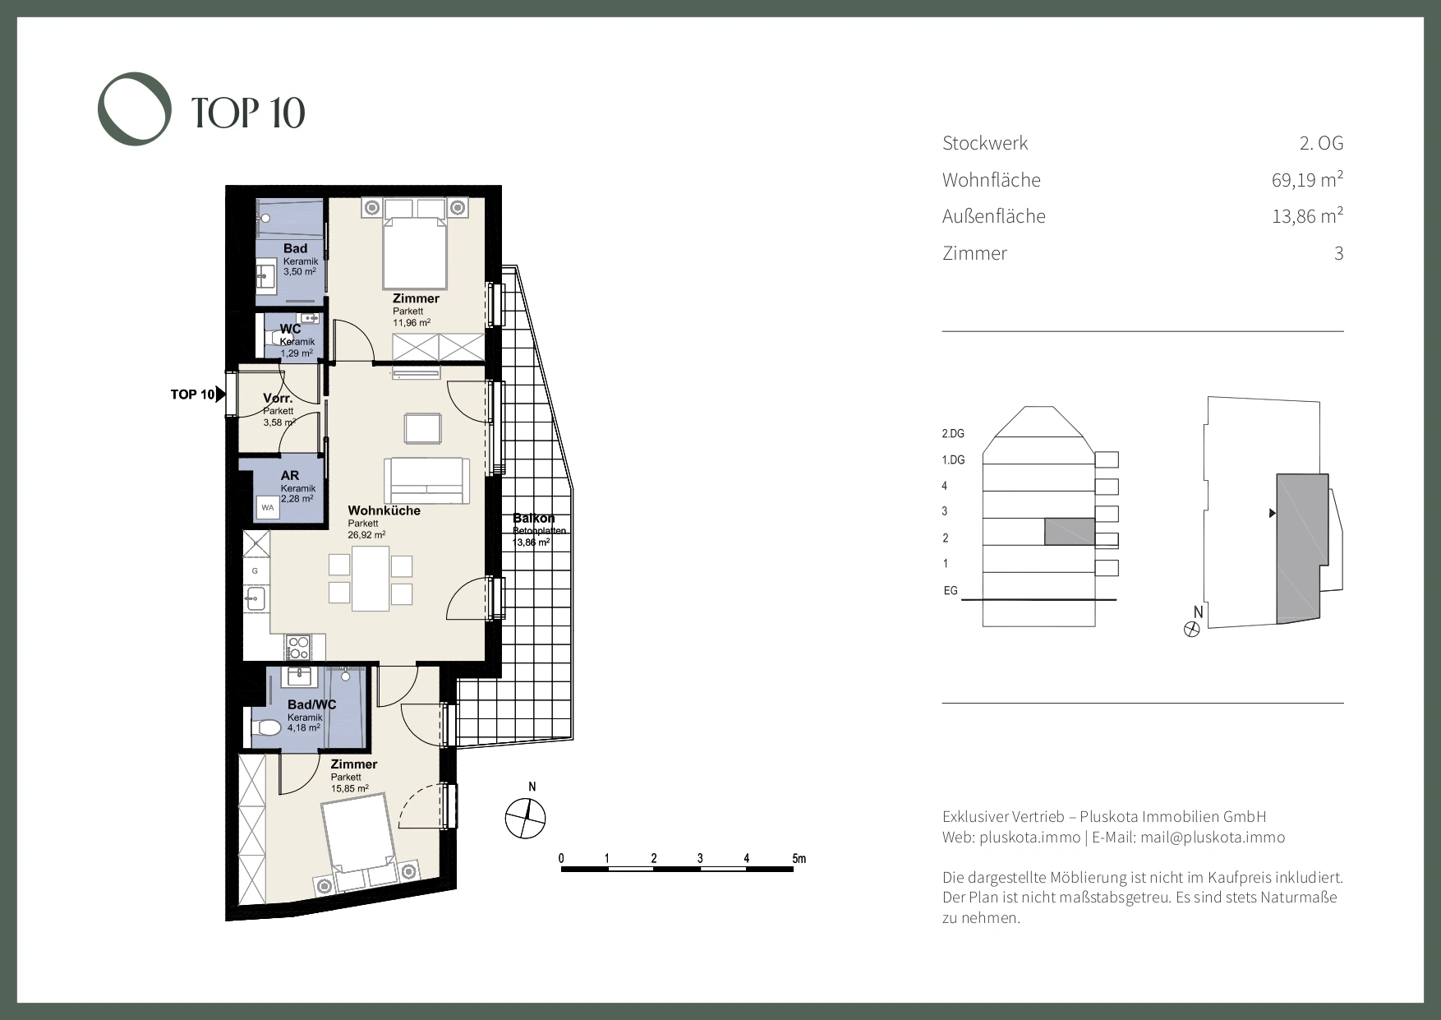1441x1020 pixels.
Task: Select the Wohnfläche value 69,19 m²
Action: [x=1307, y=179]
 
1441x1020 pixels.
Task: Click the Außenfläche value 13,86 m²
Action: [x=1307, y=216]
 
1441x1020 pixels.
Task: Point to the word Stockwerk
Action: [x=985, y=143]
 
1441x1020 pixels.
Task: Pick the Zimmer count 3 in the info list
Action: [x=1338, y=253]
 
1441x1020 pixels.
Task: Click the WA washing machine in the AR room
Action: [x=268, y=508]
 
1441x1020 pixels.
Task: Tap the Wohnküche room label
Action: [x=384, y=510]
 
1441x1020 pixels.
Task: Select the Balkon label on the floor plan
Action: [x=534, y=518]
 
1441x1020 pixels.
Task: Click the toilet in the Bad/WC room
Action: [x=265, y=727]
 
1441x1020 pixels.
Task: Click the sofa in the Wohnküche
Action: [x=426, y=481]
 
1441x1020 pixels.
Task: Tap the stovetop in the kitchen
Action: [x=297, y=647]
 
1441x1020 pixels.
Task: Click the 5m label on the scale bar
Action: [x=799, y=859]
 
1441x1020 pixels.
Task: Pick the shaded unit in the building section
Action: [x=1070, y=532]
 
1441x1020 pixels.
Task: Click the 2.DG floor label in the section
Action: [x=953, y=433]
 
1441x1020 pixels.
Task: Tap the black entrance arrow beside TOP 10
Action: [x=220, y=395]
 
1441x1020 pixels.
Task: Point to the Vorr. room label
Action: [x=278, y=399]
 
